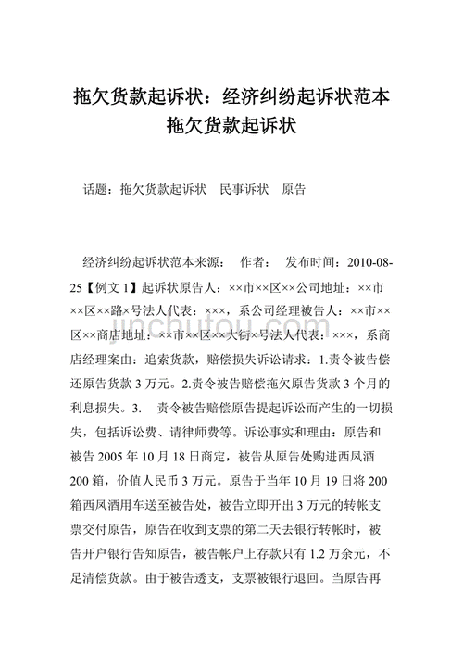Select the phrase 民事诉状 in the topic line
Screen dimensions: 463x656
[x=244, y=189]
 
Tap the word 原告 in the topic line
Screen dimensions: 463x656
[x=294, y=189]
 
